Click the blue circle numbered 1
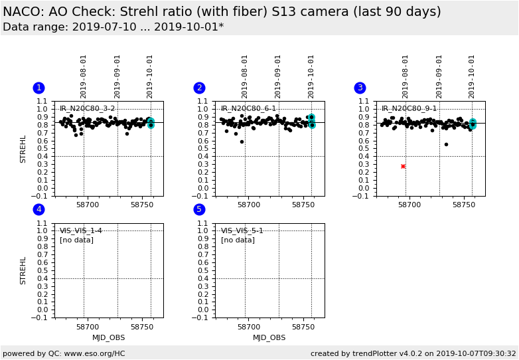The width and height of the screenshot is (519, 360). pyautogui.click(x=38, y=88)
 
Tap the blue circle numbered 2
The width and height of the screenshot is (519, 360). pyautogui.click(x=199, y=88)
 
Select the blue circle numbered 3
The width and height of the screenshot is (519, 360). pyautogui.click(x=360, y=88)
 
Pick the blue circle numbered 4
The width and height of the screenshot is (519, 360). pyautogui.click(x=38, y=210)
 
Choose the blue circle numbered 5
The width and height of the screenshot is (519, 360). pyautogui.click(x=199, y=210)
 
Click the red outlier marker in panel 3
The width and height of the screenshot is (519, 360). pyautogui.click(x=403, y=166)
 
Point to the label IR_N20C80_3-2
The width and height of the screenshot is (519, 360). pyautogui.click(x=87, y=108)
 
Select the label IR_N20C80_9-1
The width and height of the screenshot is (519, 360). pyautogui.click(x=409, y=108)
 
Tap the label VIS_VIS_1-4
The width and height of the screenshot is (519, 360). pyautogui.click(x=81, y=231)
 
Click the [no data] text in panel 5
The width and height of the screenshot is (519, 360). pyautogui.click(x=238, y=240)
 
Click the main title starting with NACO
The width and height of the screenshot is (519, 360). pyautogui.click(x=222, y=12)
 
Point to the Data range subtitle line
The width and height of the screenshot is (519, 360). pyautogui.click(x=113, y=27)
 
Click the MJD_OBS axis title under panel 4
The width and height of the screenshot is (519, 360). pyautogui.click(x=108, y=337)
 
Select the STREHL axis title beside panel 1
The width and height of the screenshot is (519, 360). pyautogui.click(x=23, y=149)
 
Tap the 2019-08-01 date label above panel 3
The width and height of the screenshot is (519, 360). pyautogui.click(x=406, y=76)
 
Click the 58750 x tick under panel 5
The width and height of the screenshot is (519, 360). pyautogui.click(x=303, y=327)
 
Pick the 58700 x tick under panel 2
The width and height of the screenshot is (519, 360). pyautogui.click(x=248, y=205)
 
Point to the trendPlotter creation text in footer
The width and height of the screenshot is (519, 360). pyautogui.click(x=413, y=353)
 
